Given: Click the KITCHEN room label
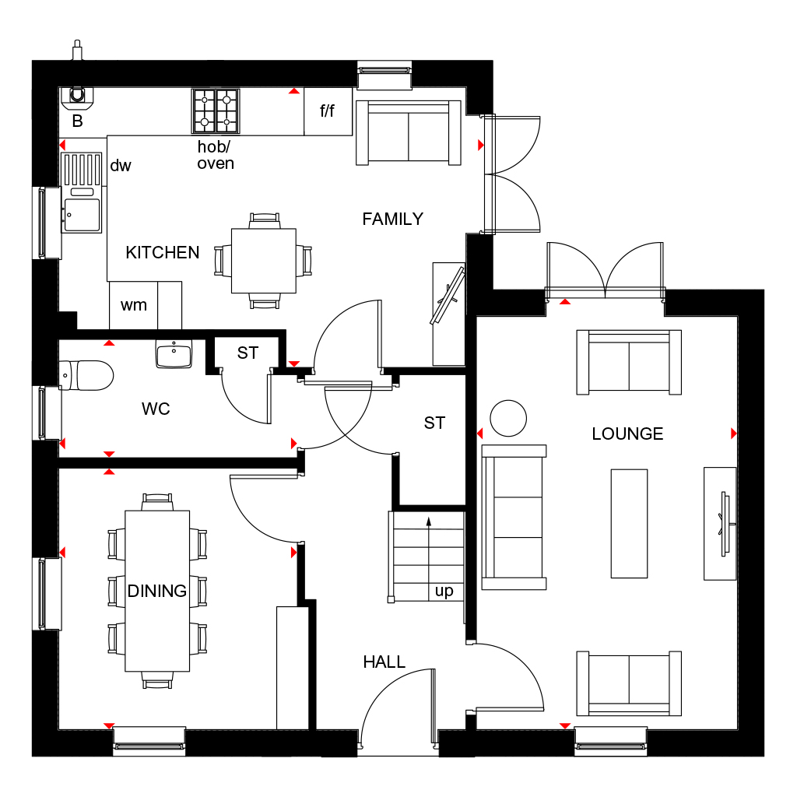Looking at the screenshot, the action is point(162,253).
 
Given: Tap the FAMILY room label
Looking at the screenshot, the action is point(392,219).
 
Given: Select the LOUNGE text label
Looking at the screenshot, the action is point(627,434).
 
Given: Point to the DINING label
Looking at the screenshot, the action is point(157,591).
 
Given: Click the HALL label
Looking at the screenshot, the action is point(384,662).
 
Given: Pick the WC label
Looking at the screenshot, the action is point(156,409).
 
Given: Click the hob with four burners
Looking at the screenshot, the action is point(216,111).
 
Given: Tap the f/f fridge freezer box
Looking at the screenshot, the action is point(328,111).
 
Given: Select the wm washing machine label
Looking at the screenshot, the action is point(134,305).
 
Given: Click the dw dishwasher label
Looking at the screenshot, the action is point(121,165).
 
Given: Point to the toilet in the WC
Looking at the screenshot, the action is point(86,375).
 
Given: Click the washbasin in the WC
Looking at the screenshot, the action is point(174,354).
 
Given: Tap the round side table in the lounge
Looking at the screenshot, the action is point(508,418).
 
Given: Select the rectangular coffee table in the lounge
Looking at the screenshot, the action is point(629,524).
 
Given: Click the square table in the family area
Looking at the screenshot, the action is point(264,261).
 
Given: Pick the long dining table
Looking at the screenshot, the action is point(157,592).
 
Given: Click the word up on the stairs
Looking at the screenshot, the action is point(444,592).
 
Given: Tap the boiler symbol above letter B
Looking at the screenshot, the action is point(77,97).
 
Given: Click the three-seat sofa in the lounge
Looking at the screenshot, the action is point(514,517).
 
